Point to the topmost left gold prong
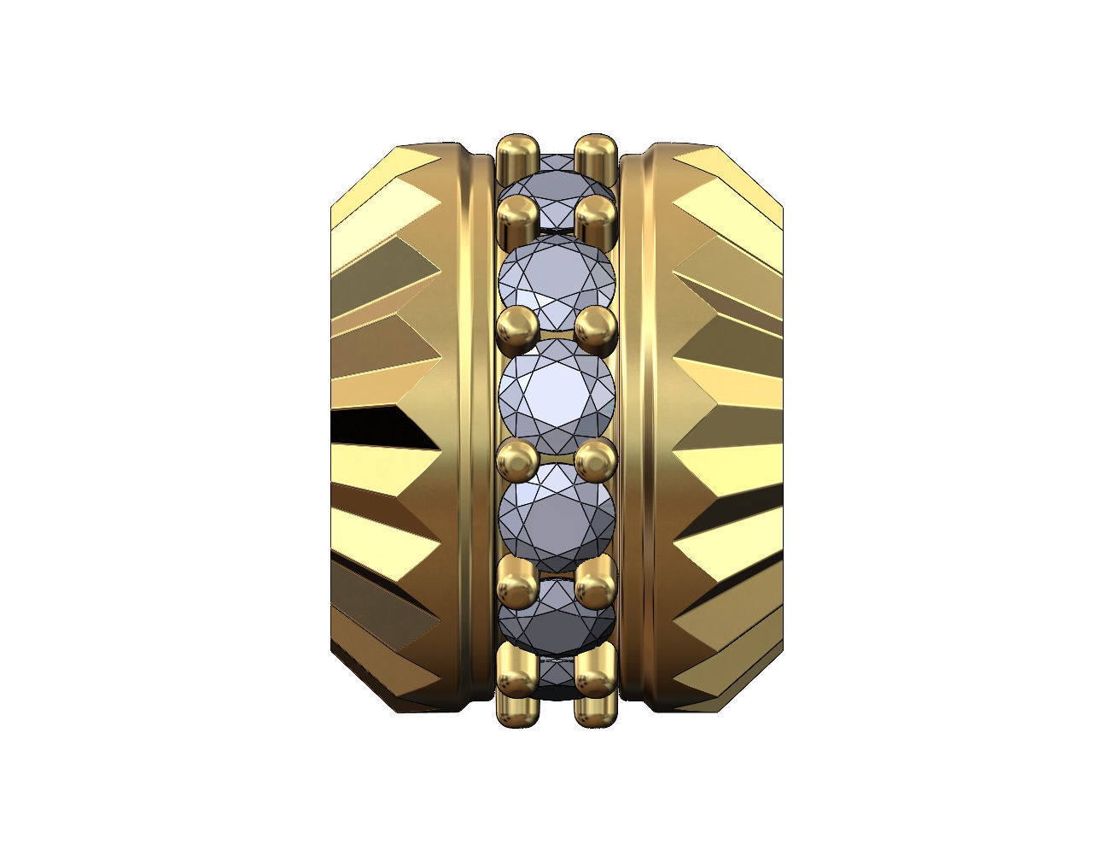click(x=516, y=155)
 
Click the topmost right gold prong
click(x=596, y=155)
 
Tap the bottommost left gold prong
click(x=516, y=683)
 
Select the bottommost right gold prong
click(x=596, y=683)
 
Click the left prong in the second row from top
click(x=516, y=218)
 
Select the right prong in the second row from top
click(x=596, y=218)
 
